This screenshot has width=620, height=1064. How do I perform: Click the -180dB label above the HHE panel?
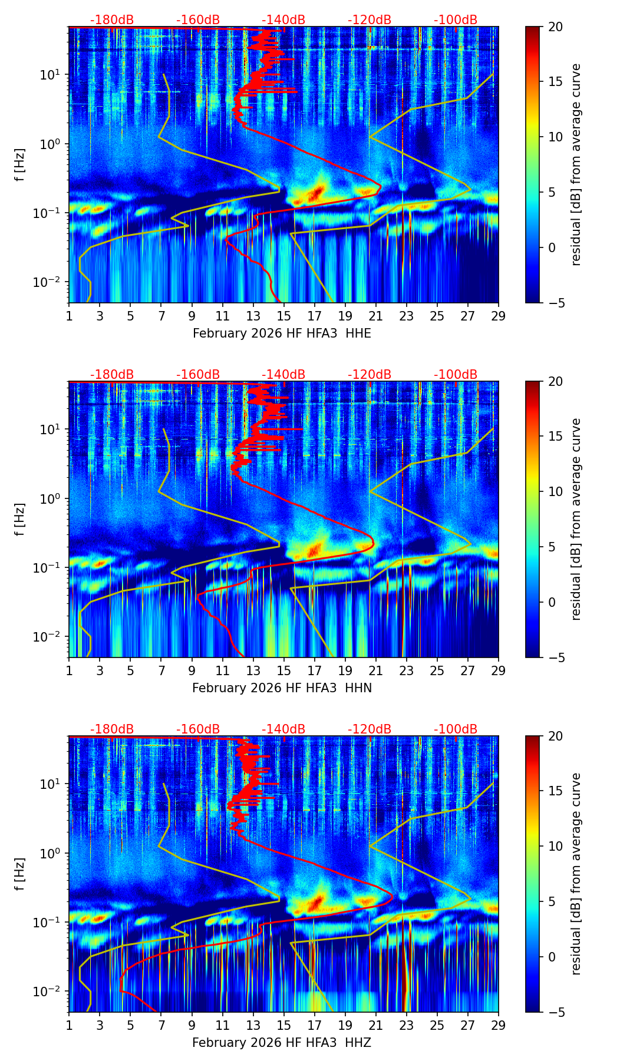tap(112, 20)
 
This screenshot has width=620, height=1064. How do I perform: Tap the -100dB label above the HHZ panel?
tap(456, 729)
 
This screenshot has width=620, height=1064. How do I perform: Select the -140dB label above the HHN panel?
tap(283, 375)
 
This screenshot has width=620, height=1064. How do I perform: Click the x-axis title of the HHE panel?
tap(282, 333)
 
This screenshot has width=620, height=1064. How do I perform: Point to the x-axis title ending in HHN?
tap(282, 688)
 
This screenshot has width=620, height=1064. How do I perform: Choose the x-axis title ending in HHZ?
tap(282, 1043)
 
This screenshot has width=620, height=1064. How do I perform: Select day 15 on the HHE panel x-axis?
tap(284, 316)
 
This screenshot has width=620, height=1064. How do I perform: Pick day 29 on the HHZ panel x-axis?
tap(499, 1026)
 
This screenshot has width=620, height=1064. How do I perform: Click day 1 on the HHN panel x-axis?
tap(70, 671)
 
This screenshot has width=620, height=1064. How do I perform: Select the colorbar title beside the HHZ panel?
tap(576, 874)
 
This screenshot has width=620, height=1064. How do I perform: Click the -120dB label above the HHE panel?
tap(370, 20)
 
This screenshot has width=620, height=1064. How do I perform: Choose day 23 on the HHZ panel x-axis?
tap(407, 1026)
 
